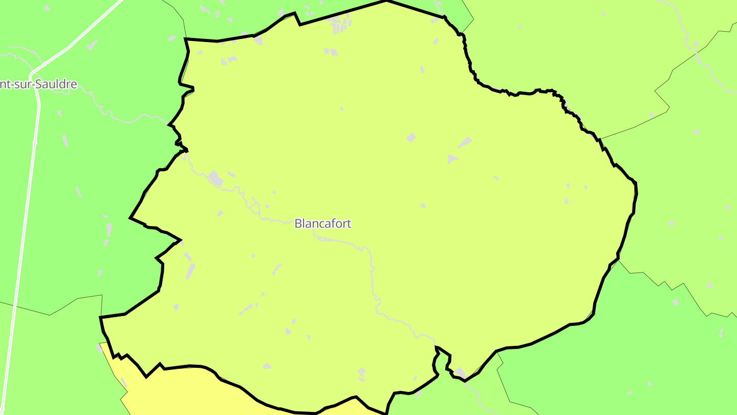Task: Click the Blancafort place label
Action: click(323, 223)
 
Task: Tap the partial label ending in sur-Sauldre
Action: click(38, 84)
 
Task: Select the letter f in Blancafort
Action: click(333, 223)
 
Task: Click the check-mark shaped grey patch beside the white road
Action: click(92, 45)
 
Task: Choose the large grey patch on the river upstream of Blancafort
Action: click(215, 178)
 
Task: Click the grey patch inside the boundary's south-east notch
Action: click(460, 372)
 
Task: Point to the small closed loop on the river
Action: click(252, 205)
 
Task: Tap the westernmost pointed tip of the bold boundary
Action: click(130, 218)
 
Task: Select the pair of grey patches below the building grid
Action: click(330, 52)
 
